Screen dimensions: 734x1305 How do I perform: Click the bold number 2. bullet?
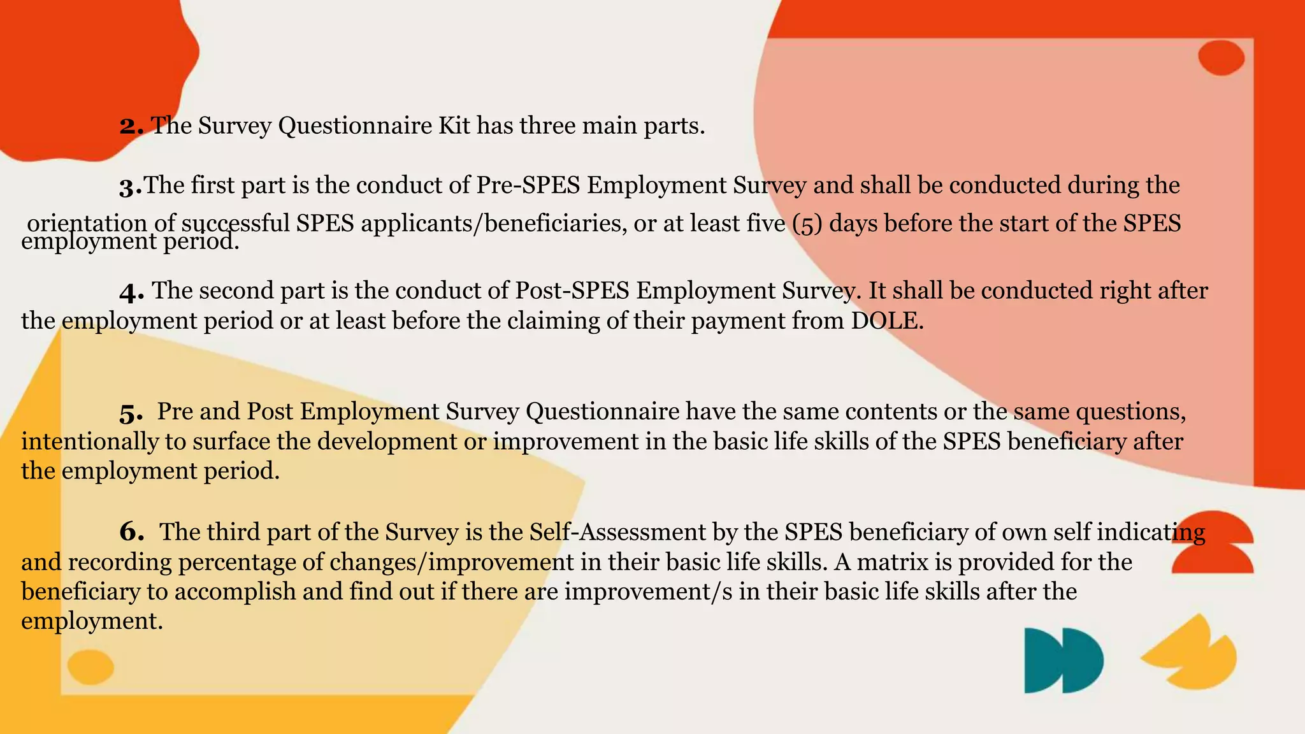[x=131, y=126]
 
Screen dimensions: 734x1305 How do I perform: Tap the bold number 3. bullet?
[x=131, y=187]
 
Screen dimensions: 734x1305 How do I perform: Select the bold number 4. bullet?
[x=132, y=292]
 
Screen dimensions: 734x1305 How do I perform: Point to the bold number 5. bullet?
[x=131, y=414]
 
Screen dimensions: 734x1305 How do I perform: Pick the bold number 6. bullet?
[x=132, y=532]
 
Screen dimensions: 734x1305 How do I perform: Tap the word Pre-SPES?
[x=528, y=185]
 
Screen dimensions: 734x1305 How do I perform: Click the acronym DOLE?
[x=886, y=320]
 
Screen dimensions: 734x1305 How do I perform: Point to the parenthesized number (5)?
[x=807, y=224]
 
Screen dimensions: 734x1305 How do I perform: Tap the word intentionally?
[x=90, y=442]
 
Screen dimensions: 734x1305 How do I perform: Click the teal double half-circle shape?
[x=1063, y=660]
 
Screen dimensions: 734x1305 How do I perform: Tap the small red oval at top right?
[x=1221, y=58]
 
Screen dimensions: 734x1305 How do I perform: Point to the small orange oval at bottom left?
[x=90, y=667]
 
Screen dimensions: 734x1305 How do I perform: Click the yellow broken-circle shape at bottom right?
[x=1192, y=653]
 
